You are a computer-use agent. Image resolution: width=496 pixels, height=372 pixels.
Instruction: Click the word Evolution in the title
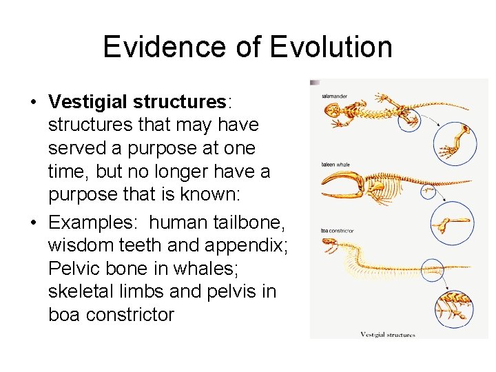(331, 47)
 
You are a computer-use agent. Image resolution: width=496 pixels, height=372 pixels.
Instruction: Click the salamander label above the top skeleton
(334, 96)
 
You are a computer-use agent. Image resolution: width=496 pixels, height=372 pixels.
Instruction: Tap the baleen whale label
(336, 165)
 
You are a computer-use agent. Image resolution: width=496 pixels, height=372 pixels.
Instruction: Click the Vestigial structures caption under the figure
(388, 335)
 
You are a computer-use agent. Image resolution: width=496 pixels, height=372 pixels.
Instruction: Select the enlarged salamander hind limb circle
(454, 143)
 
